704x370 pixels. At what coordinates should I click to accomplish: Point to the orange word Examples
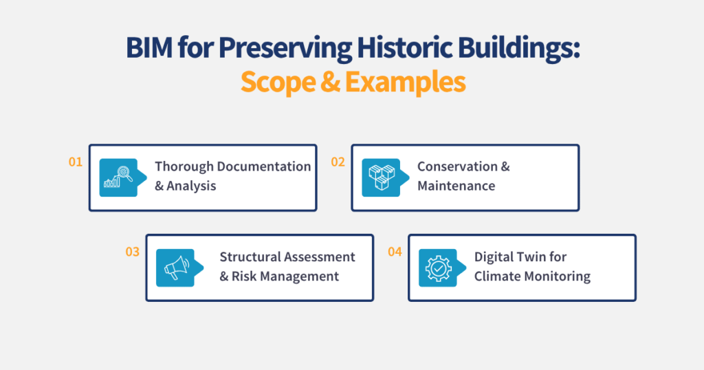click(x=405, y=83)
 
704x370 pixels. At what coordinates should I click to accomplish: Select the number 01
click(x=76, y=162)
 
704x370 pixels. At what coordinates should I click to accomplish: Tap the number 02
click(x=338, y=162)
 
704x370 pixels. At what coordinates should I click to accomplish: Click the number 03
click(x=132, y=252)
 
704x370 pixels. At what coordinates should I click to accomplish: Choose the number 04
click(x=395, y=252)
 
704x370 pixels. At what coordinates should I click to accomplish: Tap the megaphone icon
click(x=175, y=268)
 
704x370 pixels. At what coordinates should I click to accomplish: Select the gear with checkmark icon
click(x=437, y=268)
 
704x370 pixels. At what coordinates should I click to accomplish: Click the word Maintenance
click(x=456, y=186)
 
